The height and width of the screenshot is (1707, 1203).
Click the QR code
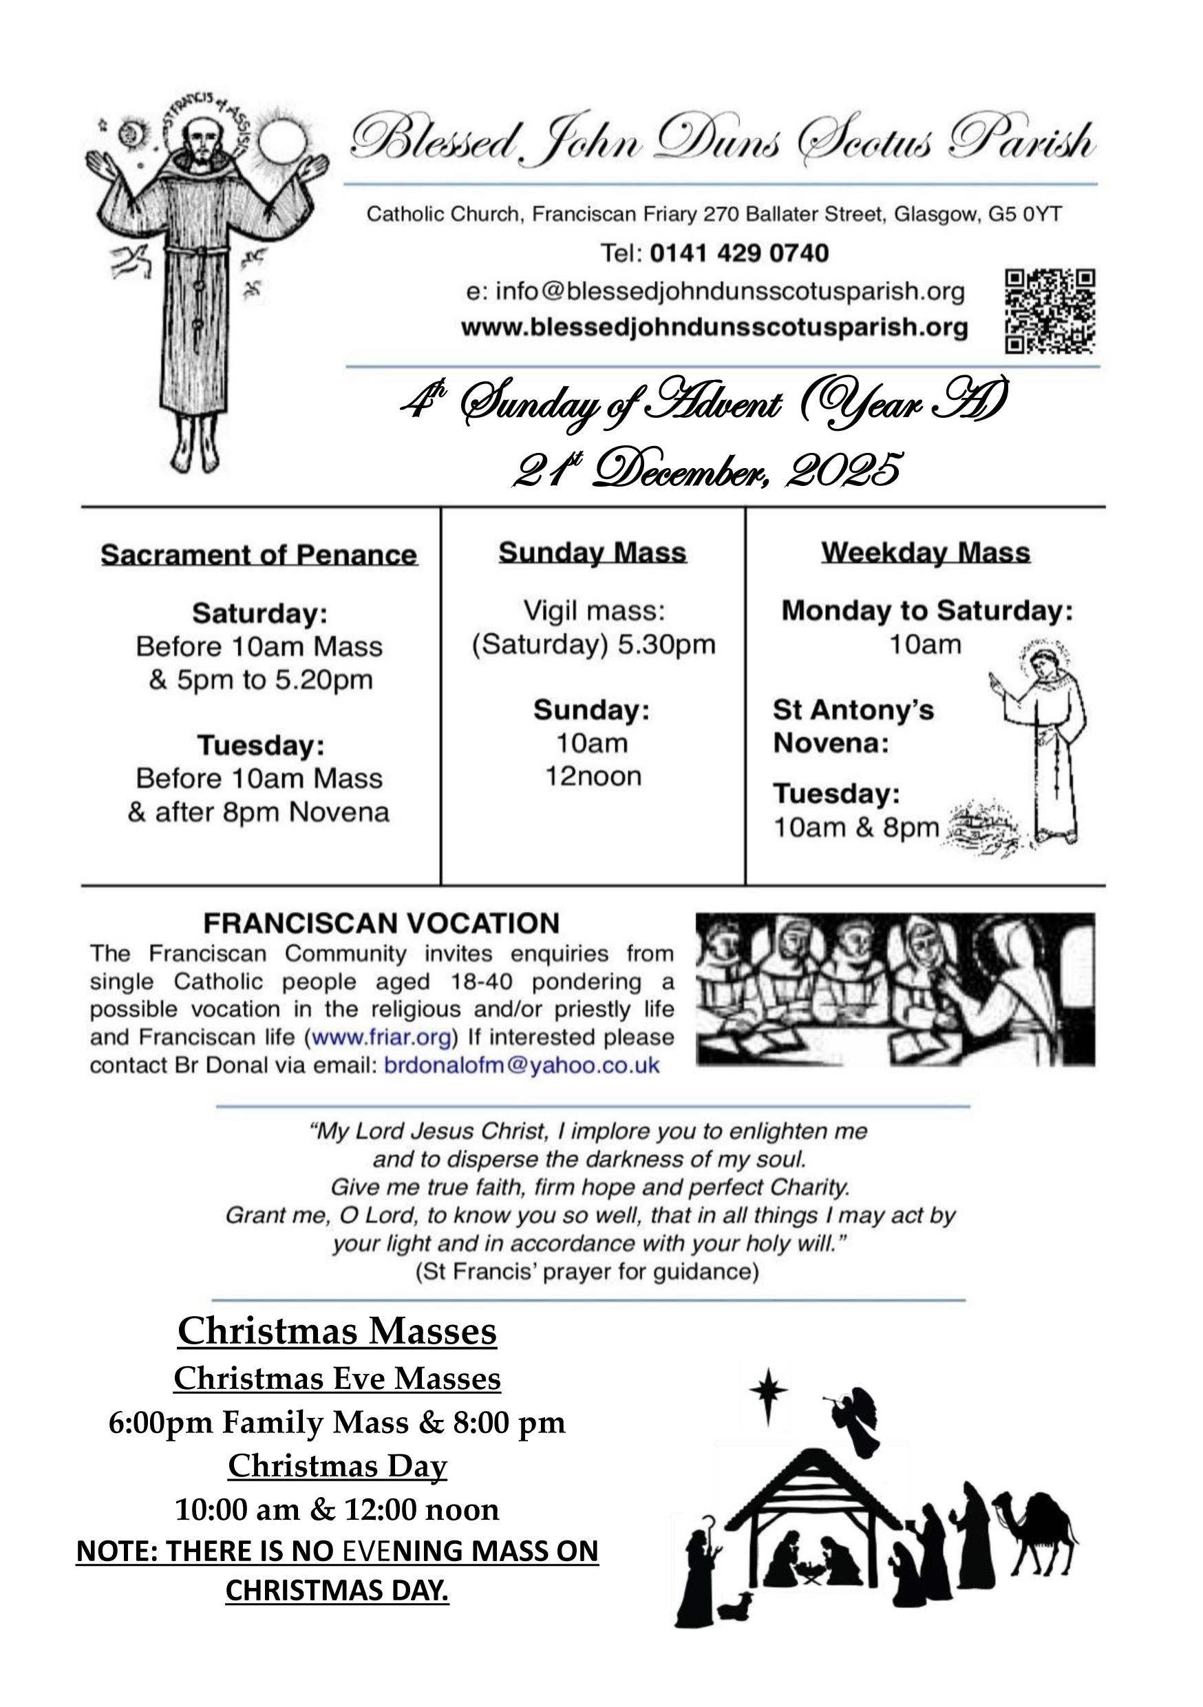pos(1050,310)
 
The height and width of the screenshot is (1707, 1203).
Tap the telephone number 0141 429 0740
pos(739,253)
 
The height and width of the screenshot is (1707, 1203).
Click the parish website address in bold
pos(714,328)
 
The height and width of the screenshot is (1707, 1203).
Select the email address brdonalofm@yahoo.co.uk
pos(521,1065)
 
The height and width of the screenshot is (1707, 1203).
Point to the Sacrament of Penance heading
pos(259,555)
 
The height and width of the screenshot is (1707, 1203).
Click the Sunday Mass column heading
pos(593,553)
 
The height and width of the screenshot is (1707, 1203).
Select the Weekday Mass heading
pos(926,553)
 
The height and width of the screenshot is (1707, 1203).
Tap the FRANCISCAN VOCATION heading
pos(381,924)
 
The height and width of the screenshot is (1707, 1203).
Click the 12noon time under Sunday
pos(593,777)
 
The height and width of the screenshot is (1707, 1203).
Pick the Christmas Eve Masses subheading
pos(337,1379)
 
